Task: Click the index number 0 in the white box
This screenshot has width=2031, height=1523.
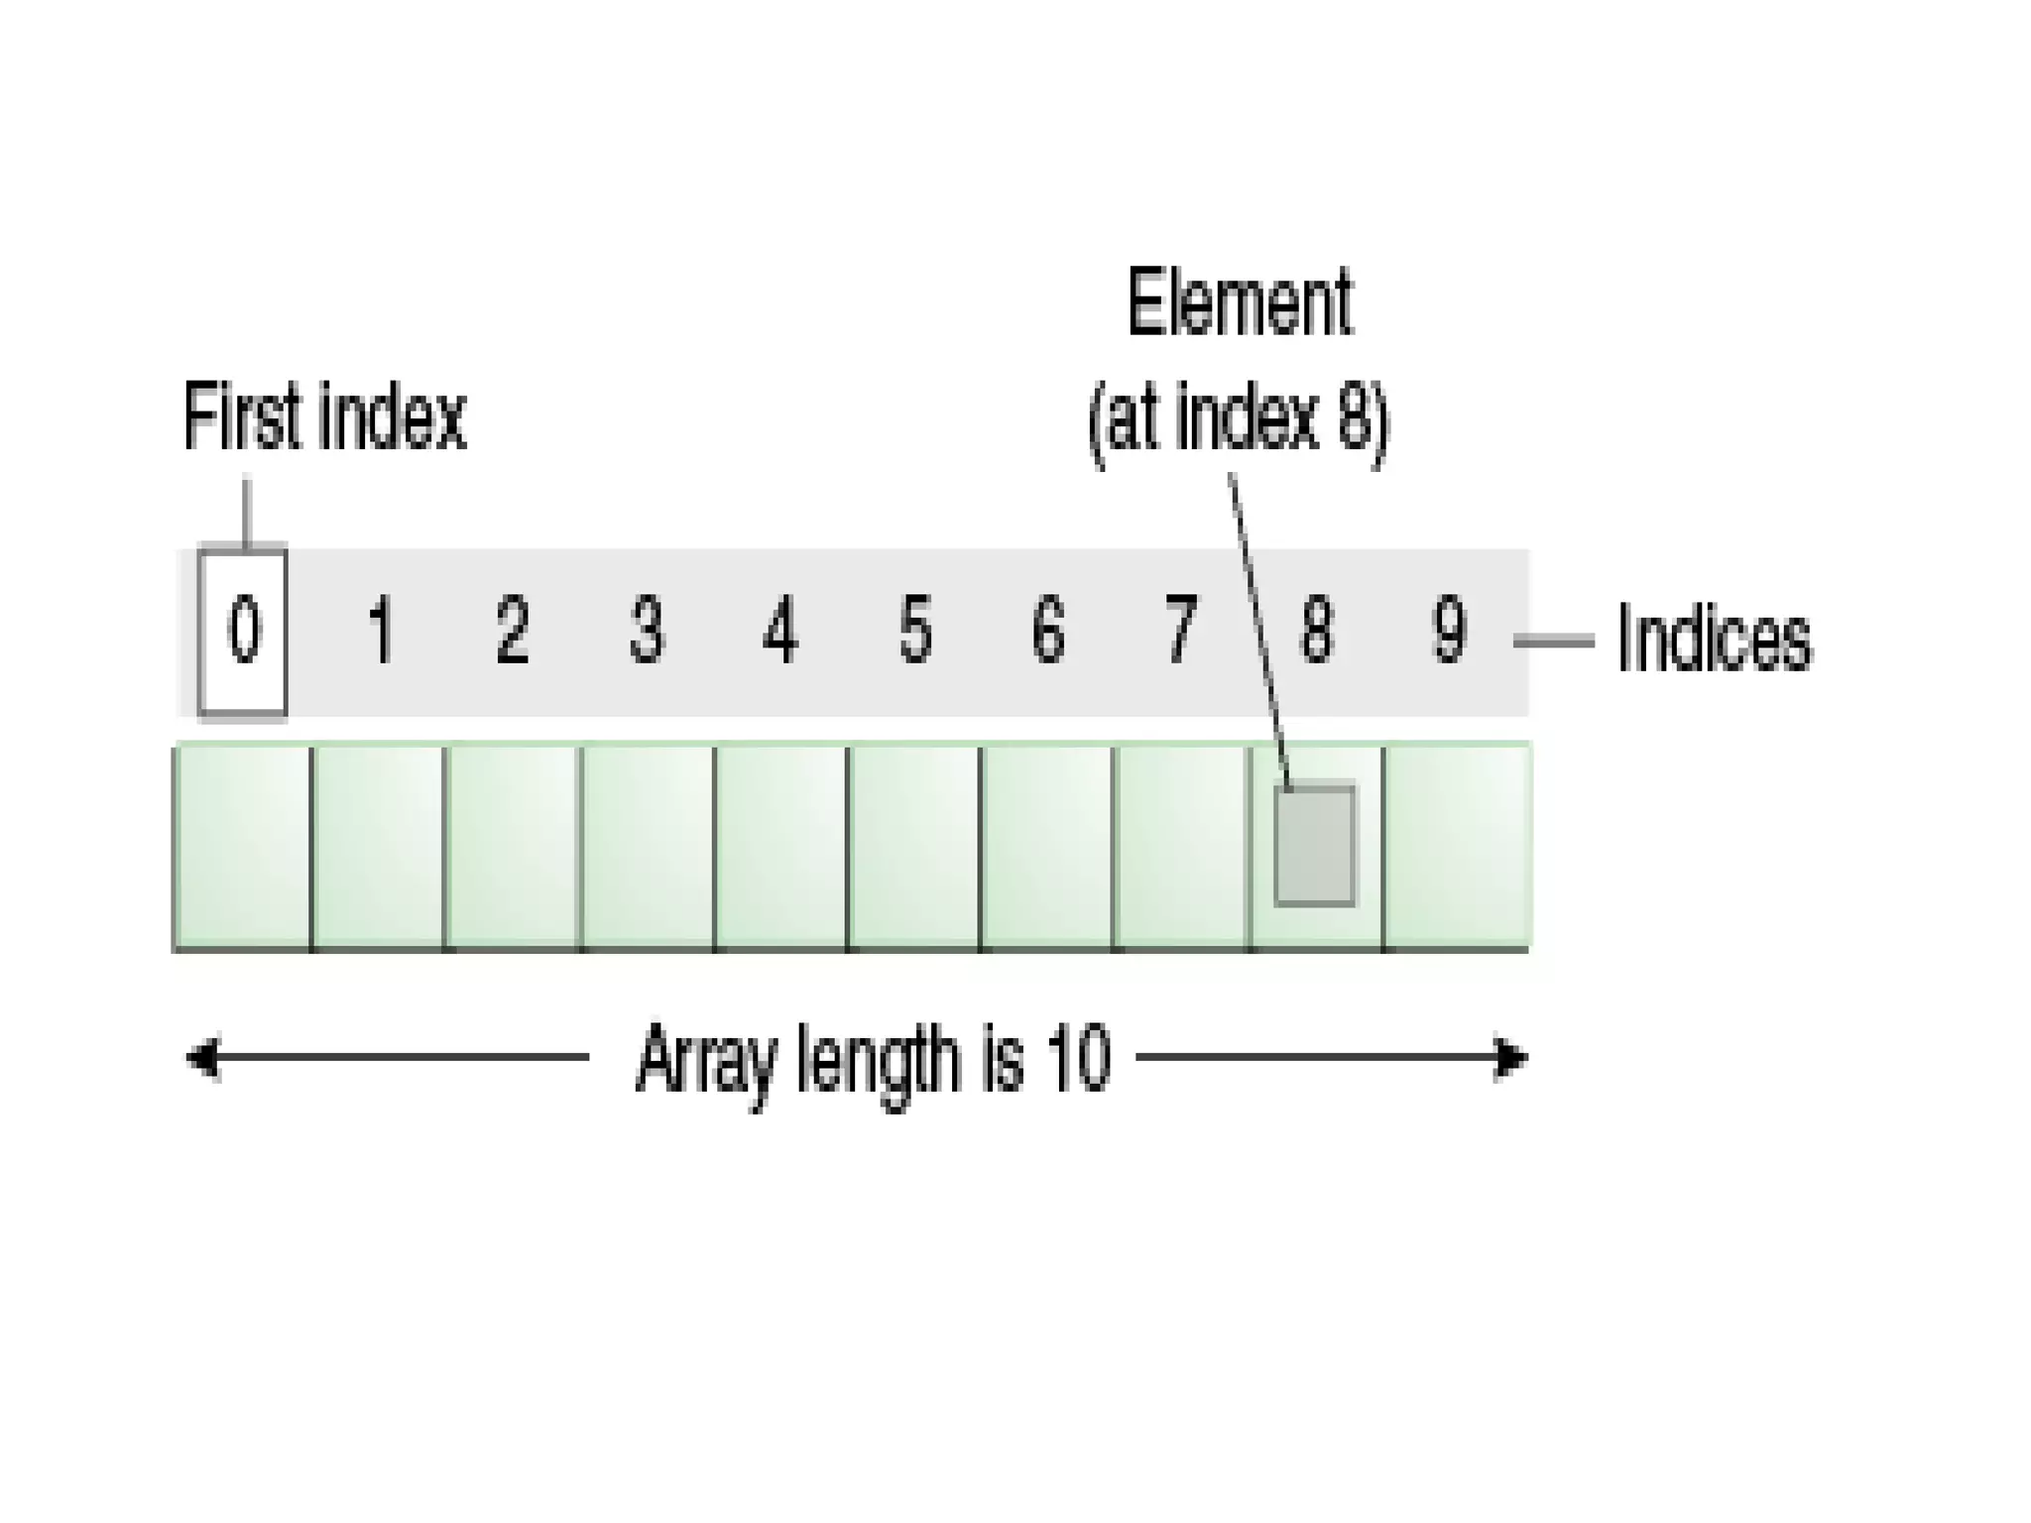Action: click(x=243, y=631)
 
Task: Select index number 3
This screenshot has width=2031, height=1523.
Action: click(x=647, y=631)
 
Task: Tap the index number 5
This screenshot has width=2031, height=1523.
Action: click(x=914, y=631)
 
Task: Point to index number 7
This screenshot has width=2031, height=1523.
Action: click(x=1180, y=631)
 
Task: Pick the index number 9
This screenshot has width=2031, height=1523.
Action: click(x=1449, y=631)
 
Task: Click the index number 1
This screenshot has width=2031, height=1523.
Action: click(x=380, y=631)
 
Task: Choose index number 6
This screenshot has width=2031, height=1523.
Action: click(x=1048, y=631)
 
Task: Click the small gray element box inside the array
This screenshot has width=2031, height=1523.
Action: click(x=1315, y=846)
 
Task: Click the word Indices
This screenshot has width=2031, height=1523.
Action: click(x=1714, y=641)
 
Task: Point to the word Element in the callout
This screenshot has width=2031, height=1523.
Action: click(x=1240, y=302)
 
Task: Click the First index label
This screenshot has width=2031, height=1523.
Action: click(x=324, y=418)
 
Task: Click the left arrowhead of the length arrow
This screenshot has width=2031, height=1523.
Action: click(x=202, y=1058)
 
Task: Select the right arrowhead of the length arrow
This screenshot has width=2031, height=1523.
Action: click(x=1511, y=1058)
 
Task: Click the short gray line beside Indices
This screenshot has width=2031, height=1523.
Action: click(x=1553, y=643)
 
